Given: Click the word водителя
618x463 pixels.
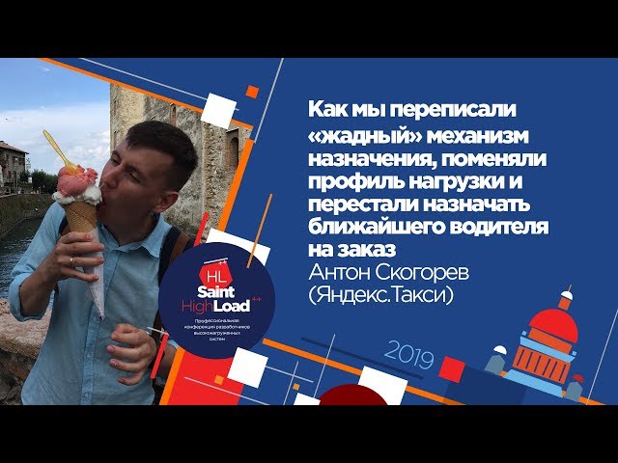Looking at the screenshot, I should pos(502,225).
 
